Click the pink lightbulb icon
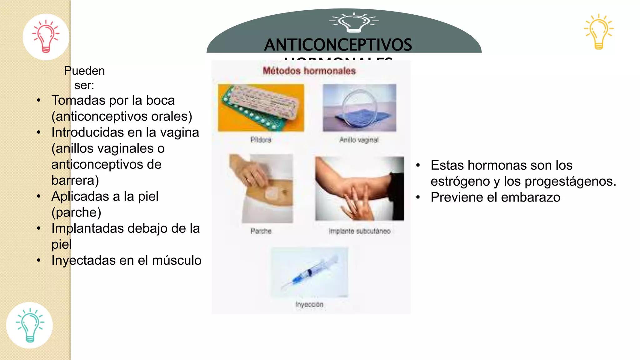point(46,36)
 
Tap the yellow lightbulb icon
point(599,32)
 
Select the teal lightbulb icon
point(30,325)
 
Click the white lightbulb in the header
point(354,22)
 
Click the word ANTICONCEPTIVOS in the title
point(338,45)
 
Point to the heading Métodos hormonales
point(309,71)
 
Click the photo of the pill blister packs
point(261,108)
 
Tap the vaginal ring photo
point(359,108)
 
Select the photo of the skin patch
point(261,188)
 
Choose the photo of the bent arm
point(359,188)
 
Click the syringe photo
point(309,272)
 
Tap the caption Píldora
point(261,140)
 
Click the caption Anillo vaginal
point(359,140)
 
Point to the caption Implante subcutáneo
point(359,231)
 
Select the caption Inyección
point(309,304)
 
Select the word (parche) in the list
point(76,212)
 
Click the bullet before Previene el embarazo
point(418,197)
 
